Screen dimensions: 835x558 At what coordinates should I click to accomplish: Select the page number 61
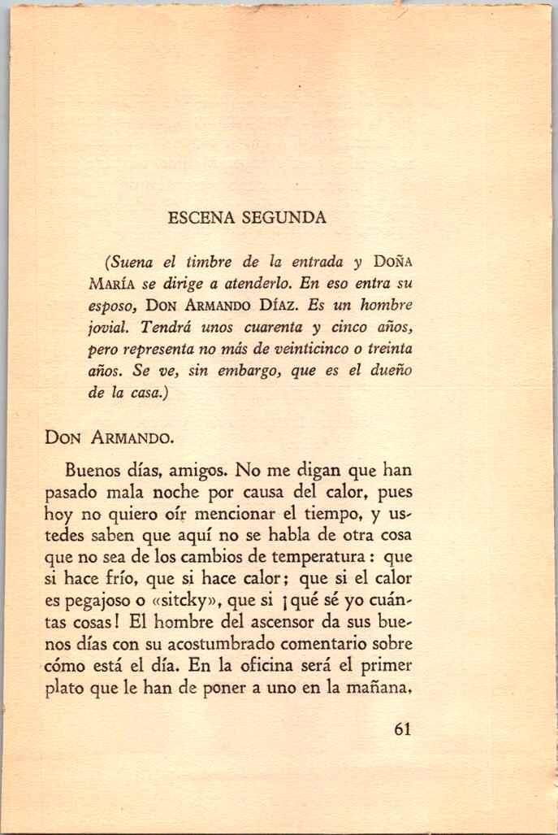click(401, 728)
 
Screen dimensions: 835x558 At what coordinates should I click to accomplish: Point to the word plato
click(106, 689)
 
